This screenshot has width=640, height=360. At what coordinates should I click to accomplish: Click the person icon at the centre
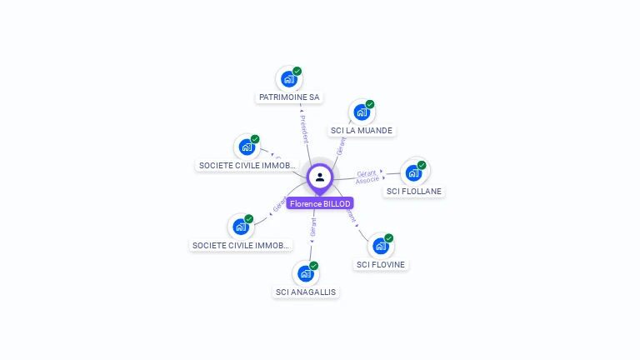pyautogui.click(x=320, y=177)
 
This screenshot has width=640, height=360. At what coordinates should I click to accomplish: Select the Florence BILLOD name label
pyautogui.click(x=320, y=203)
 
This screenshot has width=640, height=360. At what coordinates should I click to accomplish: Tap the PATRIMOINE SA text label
pyautogui.click(x=289, y=97)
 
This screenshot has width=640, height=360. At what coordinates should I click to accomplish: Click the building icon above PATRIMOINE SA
pyautogui.click(x=288, y=79)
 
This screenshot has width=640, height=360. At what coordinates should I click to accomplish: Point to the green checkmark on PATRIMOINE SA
pyautogui.click(x=297, y=72)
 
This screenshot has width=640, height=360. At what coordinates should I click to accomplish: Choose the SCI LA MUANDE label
pyautogui.click(x=361, y=130)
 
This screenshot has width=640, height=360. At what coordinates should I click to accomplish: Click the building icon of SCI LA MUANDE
pyautogui.click(x=361, y=112)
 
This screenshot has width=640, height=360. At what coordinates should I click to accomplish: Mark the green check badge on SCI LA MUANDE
pyautogui.click(x=370, y=104)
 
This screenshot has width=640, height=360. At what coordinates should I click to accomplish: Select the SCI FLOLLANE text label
pyautogui.click(x=414, y=191)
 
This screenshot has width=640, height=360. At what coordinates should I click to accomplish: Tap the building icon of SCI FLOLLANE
pyautogui.click(x=413, y=172)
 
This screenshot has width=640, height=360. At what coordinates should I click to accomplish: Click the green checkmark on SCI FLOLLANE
pyautogui.click(x=422, y=165)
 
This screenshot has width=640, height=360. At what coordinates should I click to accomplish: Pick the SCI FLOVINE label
pyautogui.click(x=381, y=264)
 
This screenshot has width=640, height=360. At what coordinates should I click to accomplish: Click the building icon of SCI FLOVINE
pyautogui.click(x=380, y=246)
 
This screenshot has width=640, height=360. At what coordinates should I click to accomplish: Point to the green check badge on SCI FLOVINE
pyautogui.click(x=388, y=238)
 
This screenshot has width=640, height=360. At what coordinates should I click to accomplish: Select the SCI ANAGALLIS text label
pyautogui.click(x=306, y=292)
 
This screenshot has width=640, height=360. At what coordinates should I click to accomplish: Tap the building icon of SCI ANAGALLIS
pyautogui.click(x=306, y=273)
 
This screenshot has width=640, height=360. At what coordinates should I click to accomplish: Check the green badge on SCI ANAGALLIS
pyautogui.click(x=314, y=266)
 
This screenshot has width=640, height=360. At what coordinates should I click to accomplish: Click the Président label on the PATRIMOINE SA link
pyautogui.click(x=303, y=125)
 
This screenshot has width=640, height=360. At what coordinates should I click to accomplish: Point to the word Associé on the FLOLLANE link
pyautogui.click(x=367, y=180)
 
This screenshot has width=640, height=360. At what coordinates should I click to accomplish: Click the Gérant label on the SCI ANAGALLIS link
pyautogui.click(x=313, y=228)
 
